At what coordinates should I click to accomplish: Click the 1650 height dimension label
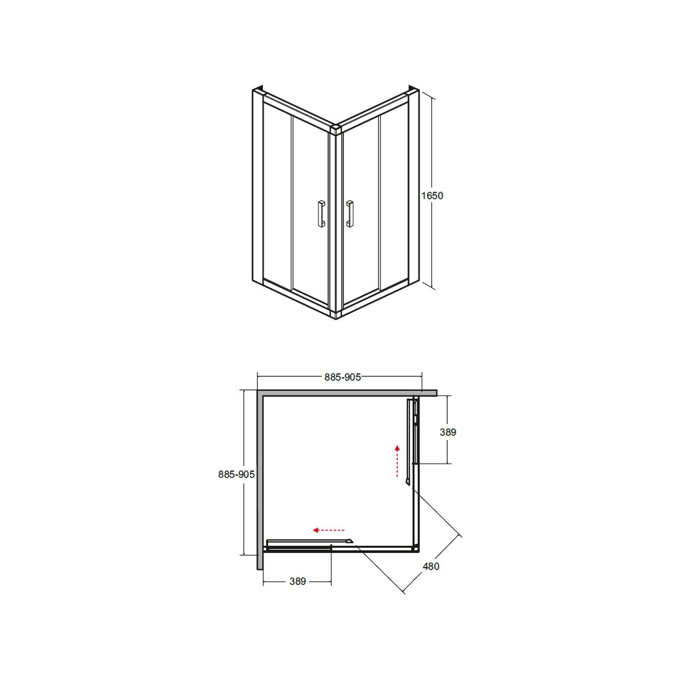point(432,195)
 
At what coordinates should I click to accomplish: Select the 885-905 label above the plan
point(343,377)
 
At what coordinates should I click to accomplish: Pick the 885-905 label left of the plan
point(236,475)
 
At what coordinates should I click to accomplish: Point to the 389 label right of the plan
point(448,432)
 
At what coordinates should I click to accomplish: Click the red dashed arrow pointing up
point(397,461)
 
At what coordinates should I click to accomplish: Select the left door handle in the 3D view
point(321,214)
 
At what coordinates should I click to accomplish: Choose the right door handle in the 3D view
point(350,214)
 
